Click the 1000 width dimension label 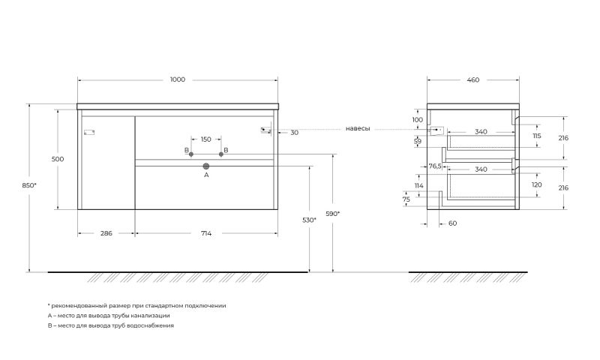178,79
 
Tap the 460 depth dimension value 473,80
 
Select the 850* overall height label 29,185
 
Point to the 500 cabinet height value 58,159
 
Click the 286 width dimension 106,233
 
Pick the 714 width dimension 205,233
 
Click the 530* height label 309,220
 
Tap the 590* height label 332,214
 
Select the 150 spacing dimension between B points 205,139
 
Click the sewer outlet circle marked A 206,166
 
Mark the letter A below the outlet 206,175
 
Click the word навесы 358,128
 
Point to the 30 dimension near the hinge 294,133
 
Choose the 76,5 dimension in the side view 435,166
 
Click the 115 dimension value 536,136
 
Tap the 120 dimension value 536,184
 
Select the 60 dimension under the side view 452,223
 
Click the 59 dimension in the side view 418,141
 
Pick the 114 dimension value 419,185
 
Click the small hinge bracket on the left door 89,133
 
